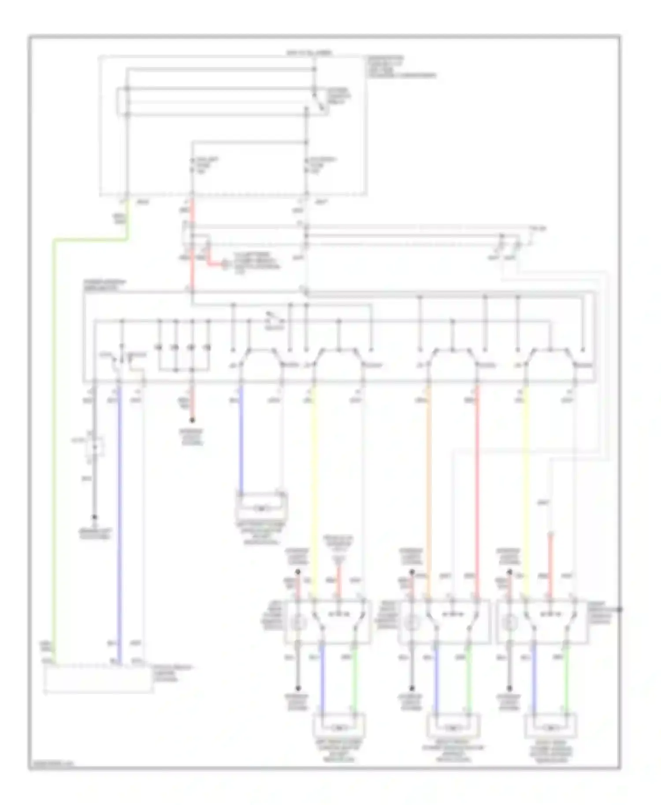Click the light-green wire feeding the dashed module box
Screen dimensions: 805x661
coord(54,440)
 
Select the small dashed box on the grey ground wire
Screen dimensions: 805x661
coord(95,446)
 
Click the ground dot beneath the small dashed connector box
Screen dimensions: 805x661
coord(94,518)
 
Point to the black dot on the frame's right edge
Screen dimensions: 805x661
coord(620,609)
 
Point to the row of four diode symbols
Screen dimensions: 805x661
coord(183,348)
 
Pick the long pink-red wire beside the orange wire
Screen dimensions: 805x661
coord(477,484)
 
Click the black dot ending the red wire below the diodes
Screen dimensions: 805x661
coord(192,421)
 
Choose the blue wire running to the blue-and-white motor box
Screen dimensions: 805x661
coord(241,440)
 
